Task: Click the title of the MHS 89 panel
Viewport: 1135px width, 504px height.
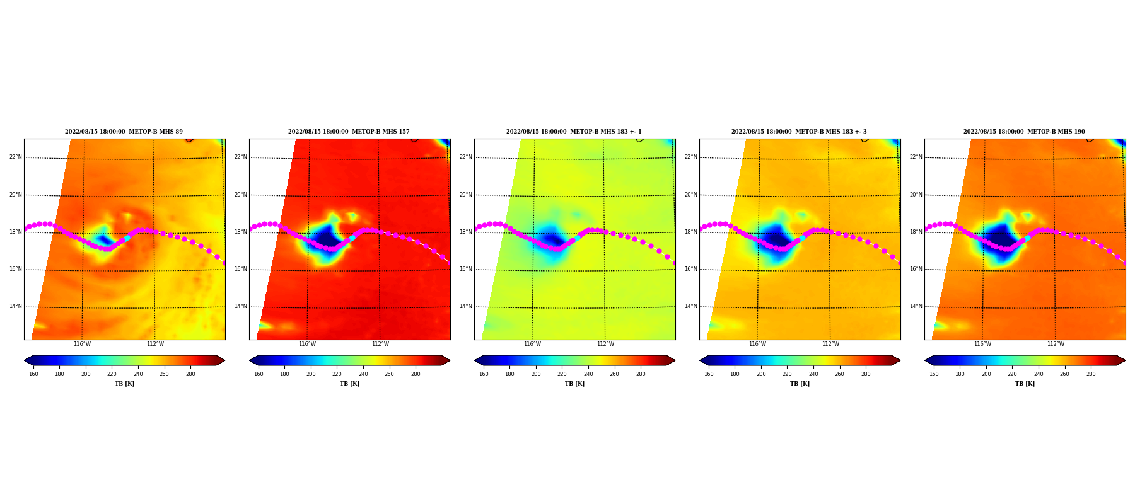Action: point(124,132)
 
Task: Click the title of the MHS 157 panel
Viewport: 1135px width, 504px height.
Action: point(349,132)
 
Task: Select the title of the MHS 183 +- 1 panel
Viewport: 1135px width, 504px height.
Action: point(574,132)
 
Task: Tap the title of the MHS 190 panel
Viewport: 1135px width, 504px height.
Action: point(1024,132)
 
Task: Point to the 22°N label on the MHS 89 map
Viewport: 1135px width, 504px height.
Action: point(15,157)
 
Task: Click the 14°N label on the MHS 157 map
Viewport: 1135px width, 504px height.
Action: point(240,307)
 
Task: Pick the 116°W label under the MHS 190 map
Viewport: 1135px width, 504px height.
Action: point(982,344)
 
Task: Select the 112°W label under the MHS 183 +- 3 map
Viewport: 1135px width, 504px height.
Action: point(830,344)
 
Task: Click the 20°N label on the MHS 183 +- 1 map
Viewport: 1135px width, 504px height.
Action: point(465,195)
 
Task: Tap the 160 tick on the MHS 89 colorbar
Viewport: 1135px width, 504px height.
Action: point(33,374)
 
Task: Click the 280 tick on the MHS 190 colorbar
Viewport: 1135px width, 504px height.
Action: point(1091,374)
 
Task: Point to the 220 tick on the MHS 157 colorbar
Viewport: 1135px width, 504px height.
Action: point(337,374)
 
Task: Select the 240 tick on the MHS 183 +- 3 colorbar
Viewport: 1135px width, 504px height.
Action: point(813,374)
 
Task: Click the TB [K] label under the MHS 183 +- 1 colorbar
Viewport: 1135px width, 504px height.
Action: point(574,384)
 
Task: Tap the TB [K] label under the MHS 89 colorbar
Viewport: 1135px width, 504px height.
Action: point(124,384)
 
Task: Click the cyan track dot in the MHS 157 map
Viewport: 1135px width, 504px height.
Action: point(352,238)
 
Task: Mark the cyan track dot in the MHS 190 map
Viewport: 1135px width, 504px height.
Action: point(1027,238)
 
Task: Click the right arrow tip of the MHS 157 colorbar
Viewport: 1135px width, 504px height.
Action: point(450,360)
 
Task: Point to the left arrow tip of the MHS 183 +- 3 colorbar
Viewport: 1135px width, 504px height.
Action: point(700,360)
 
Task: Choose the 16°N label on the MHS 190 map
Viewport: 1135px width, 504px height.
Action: point(916,269)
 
